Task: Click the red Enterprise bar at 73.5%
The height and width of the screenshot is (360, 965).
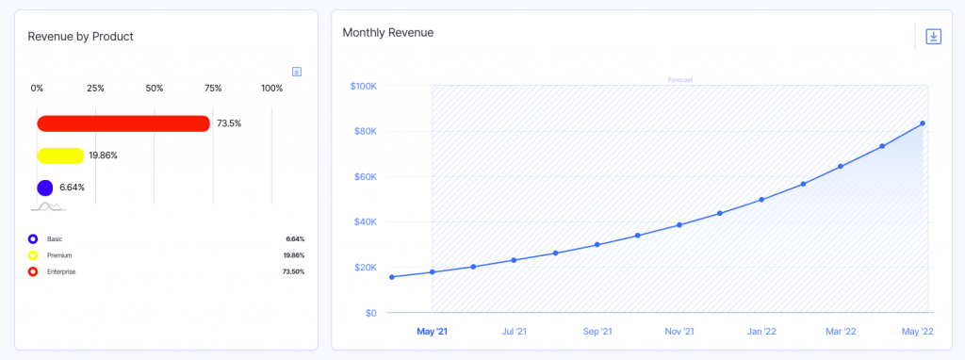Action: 123,123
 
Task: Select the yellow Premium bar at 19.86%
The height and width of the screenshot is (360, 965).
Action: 60,155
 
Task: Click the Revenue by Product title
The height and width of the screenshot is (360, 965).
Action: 80,37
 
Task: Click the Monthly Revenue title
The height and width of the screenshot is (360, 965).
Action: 387,32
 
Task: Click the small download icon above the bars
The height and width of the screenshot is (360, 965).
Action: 297,72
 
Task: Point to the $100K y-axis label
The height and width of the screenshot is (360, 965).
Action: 363,86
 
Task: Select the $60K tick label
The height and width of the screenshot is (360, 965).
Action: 365,176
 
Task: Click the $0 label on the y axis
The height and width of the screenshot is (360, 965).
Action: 370,313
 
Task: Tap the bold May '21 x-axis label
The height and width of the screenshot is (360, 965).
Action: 432,332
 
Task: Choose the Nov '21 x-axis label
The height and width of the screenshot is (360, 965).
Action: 679,332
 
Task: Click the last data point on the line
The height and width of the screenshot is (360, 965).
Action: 923,123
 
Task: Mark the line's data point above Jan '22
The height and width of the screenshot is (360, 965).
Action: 761,200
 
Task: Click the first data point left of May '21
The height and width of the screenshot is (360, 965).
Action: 392,277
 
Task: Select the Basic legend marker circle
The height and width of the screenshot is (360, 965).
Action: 33,239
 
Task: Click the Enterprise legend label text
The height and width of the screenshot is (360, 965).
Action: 61,271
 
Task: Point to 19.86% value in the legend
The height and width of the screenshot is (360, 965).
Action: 294,255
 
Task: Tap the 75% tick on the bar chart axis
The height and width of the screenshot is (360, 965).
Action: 213,89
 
